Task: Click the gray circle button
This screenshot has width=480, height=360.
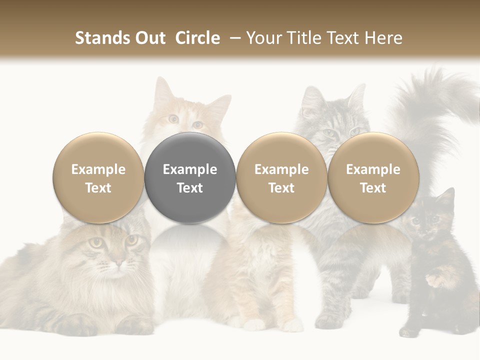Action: [190, 178]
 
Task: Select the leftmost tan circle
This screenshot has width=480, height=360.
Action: [98, 178]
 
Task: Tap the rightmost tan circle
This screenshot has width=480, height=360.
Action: [373, 178]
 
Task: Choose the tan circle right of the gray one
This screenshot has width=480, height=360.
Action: [281, 178]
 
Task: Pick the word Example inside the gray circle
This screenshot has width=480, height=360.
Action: [190, 169]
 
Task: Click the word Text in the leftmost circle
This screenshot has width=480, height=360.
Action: [98, 188]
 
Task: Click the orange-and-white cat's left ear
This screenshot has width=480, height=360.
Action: [162, 90]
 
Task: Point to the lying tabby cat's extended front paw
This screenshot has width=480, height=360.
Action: [75, 325]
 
